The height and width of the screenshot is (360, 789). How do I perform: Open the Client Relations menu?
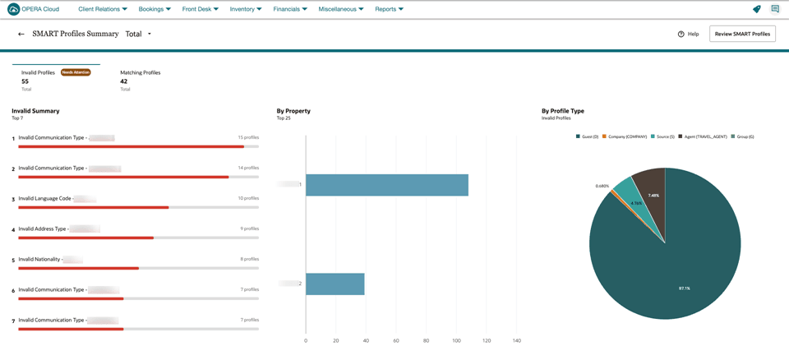pyautogui.click(x=102, y=9)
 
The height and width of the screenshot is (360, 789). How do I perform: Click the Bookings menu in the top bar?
pyautogui.click(x=155, y=9)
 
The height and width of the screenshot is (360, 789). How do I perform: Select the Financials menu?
pyautogui.click(x=289, y=9)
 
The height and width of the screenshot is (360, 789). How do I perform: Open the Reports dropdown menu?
pyautogui.click(x=389, y=9)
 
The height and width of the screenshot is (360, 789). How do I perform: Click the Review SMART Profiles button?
pyautogui.click(x=742, y=34)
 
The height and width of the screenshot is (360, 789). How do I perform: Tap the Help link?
pyautogui.click(x=689, y=34)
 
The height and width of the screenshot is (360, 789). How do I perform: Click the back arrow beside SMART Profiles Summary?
pyautogui.click(x=21, y=35)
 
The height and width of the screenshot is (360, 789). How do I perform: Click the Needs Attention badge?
pyautogui.click(x=76, y=72)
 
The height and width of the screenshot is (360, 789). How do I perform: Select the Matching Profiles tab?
pyautogui.click(x=140, y=72)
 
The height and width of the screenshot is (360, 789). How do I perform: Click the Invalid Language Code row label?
pyautogui.click(x=45, y=198)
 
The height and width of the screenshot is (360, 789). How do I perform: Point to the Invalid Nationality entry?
pyautogui.click(x=39, y=259)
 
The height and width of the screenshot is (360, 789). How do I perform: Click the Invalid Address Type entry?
pyautogui.click(x=43, y=228)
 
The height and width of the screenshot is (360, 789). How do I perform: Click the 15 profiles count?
pyautogui.click(x=248, y=137)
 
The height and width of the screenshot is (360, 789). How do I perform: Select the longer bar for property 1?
pyautogui.click(x=386, y=185)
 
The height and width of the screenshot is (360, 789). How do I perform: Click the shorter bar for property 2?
pyautogui.click(x=335, y=284)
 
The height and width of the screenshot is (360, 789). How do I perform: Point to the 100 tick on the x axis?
pyautogui.click(x=456, y=340)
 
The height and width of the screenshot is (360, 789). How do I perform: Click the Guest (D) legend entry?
pyautogui.click(x=588, y=136)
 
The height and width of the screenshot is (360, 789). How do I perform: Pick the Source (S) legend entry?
pyautogui.click(x=663, y=136)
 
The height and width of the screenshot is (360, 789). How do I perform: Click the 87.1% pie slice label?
pyautogui.click(x=684, y=288)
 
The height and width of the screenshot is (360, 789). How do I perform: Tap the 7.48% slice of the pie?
pyautogui.click(x=653, y=195)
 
